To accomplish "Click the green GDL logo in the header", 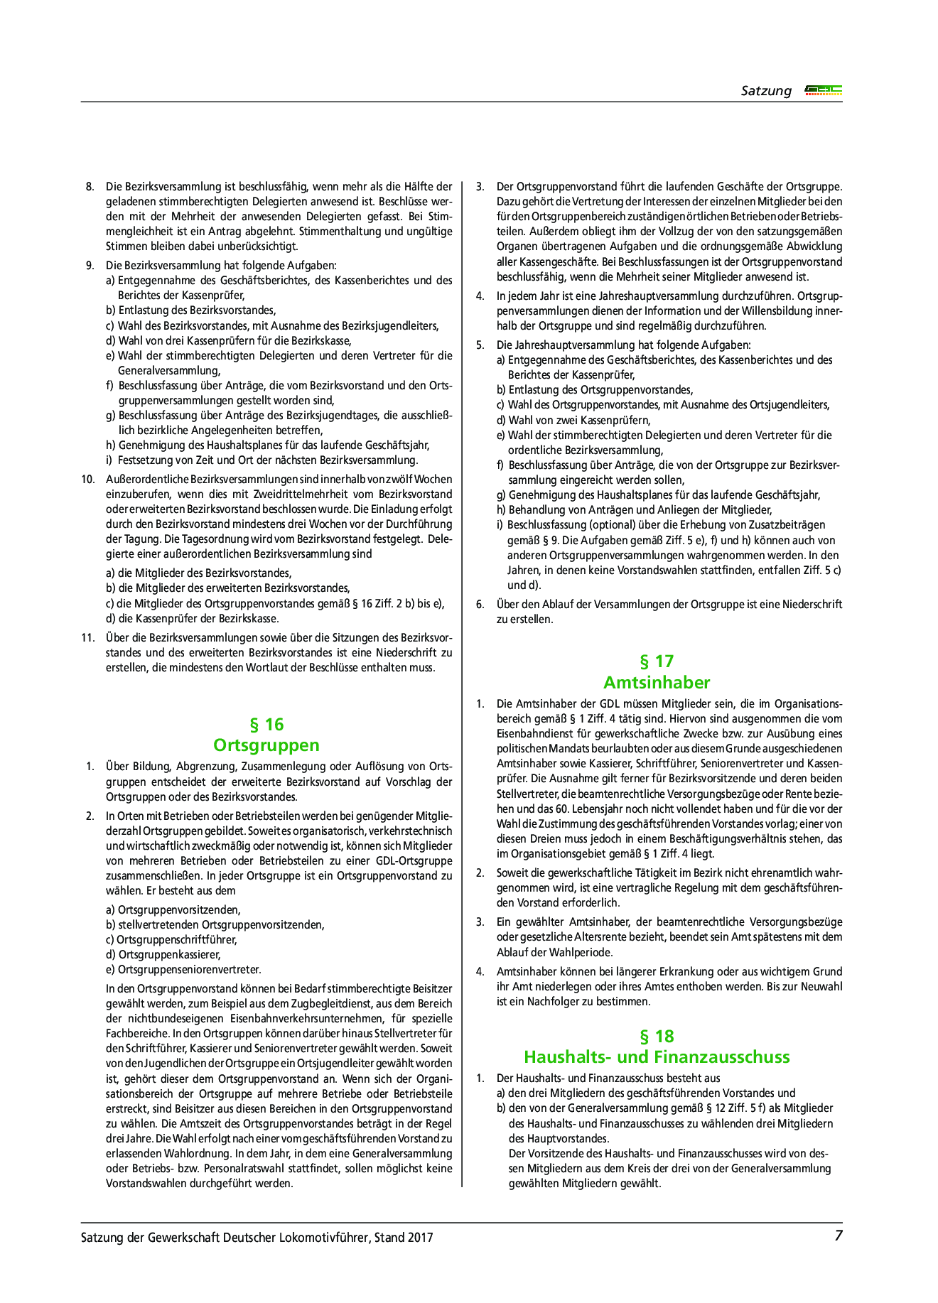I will pos(823,90).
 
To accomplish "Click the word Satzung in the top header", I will pos(765,91).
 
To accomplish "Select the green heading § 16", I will pos(266,725).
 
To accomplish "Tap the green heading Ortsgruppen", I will pos(266,745).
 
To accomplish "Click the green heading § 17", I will pos(656,661).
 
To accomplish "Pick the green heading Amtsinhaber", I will pos(656,683).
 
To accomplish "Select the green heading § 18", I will pos(656,1036).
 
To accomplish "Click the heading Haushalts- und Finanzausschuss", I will pos(656,1056).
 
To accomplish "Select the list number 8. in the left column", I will pos(90,187).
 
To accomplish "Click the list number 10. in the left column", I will pos(88,480).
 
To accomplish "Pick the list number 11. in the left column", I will pos(88,637).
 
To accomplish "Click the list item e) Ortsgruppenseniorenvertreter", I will pos(183,970).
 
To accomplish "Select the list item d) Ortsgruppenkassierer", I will pos(163,955).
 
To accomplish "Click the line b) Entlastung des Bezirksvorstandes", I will pos(190,310).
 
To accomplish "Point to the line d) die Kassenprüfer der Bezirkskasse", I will pos(192,618).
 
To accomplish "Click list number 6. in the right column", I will pos(480,605).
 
